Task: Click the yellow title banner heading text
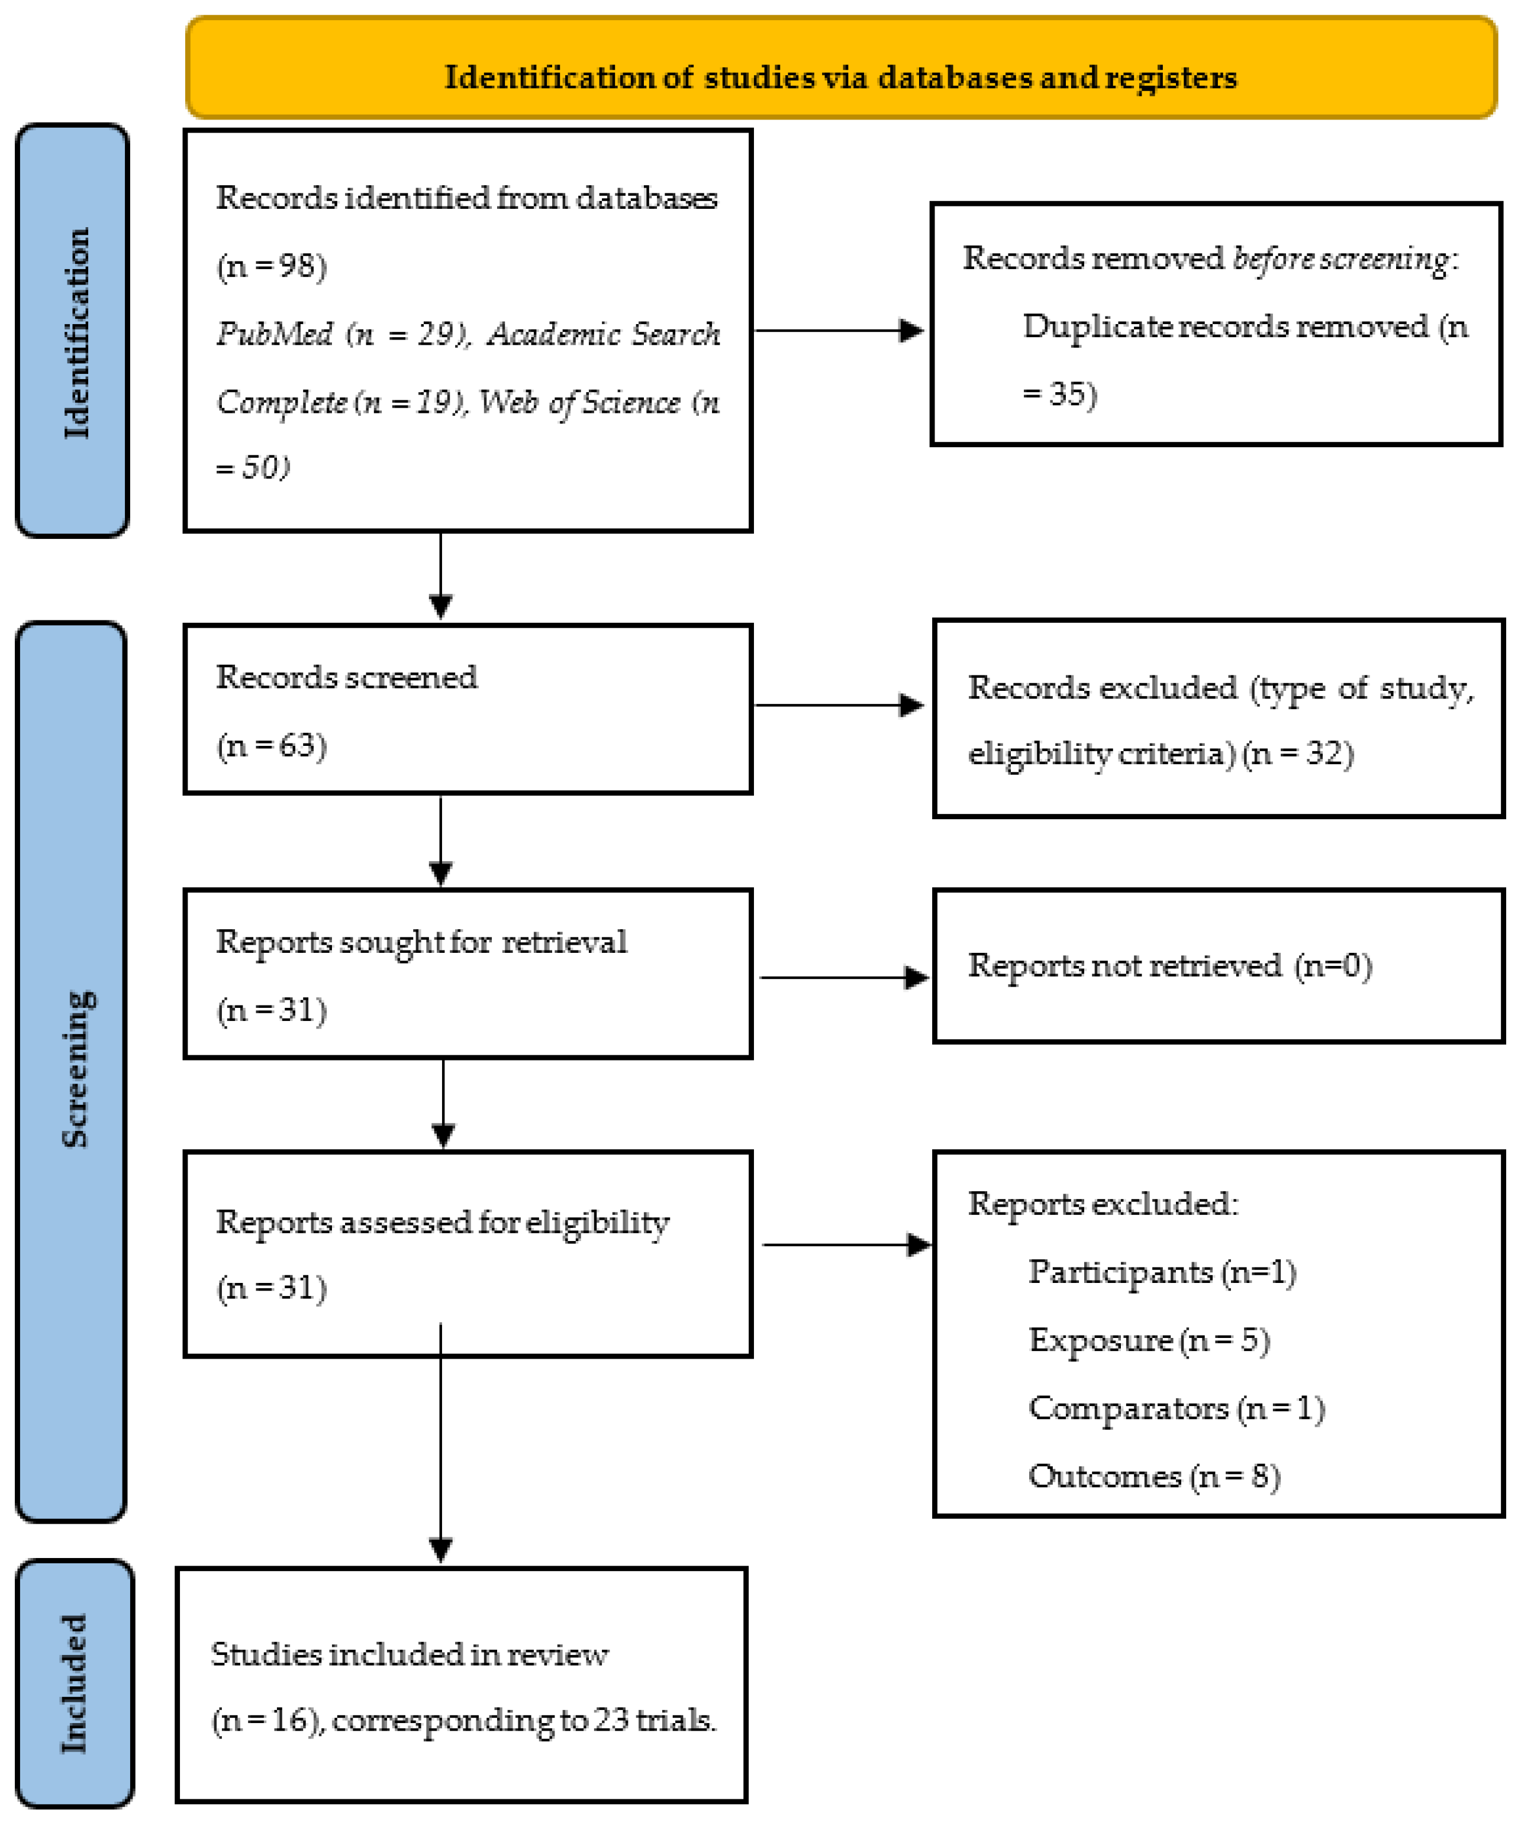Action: coord(840,77)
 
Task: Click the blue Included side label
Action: coord(74,1684)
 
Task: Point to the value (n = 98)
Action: coord(272,266)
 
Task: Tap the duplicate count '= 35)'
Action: coord(1059,394)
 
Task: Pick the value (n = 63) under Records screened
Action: coord(272,745)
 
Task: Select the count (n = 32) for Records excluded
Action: coord(1297,752)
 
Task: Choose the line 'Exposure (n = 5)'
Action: coord(1148,1340)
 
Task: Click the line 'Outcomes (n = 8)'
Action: coord(1153,1476)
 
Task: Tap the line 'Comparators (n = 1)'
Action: coord(1176,1408)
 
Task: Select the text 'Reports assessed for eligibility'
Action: coord(442,1222)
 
